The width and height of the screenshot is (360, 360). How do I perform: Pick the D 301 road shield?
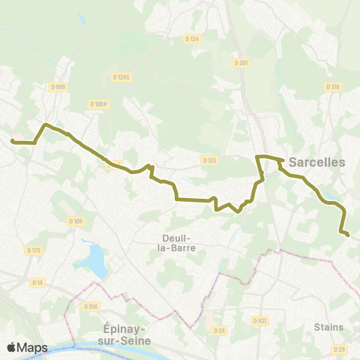240,63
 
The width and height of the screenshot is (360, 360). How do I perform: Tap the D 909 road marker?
58,87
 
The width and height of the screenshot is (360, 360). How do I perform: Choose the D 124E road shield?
121,76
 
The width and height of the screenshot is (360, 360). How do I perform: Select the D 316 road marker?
334,87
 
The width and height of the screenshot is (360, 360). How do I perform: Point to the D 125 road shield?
209,160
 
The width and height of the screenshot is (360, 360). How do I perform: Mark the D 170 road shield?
33,250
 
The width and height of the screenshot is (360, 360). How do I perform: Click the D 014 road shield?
91,306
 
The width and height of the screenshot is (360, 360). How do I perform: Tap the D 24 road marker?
219,330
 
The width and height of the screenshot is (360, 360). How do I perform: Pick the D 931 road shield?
260,321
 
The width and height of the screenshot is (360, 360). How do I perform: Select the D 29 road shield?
339,349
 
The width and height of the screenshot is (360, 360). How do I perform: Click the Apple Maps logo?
27,347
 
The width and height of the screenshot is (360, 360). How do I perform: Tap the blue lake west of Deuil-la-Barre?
95,259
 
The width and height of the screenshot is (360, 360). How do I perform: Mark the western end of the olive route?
12,140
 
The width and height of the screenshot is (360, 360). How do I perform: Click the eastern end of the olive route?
349,235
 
